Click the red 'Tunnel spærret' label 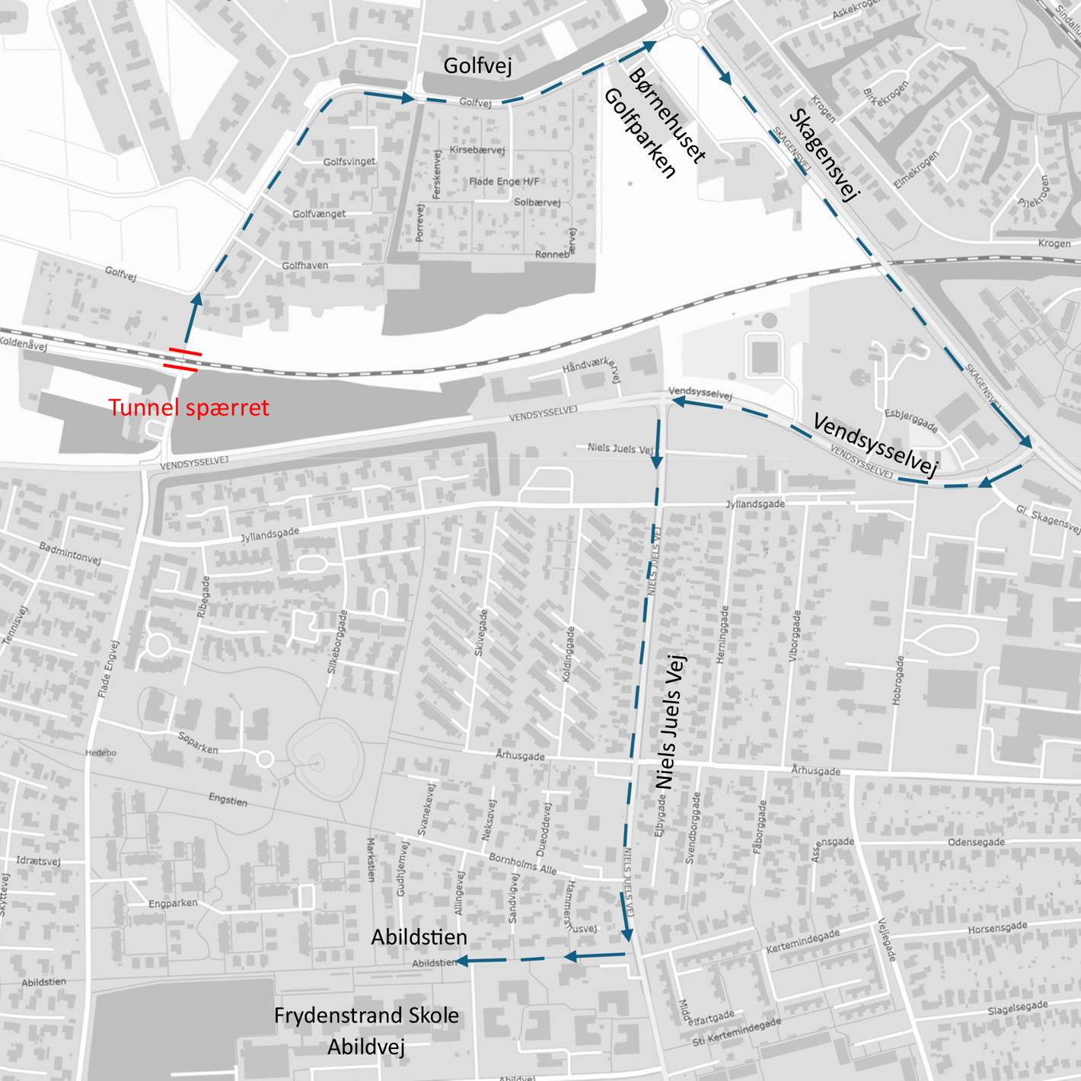(x=189, y=408)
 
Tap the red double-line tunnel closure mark (x=183, y=360)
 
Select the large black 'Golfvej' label (x=477, y=65)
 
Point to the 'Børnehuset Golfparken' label (x=655, y=122)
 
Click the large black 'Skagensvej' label (x=824, y=155)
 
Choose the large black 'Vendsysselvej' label (x=875, y=445)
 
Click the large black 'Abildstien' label (x=419, y=937)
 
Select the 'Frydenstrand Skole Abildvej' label (x=366, y=1031)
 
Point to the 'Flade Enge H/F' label (x=503, y=182)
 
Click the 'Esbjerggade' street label (x=910, y=420)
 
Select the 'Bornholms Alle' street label (x=522, y=863)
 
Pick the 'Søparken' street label (x=198, y=742)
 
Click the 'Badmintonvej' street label (x=70, y=553)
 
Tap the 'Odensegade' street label (x=976, y=843)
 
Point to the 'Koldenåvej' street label (x=23, y=343)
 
